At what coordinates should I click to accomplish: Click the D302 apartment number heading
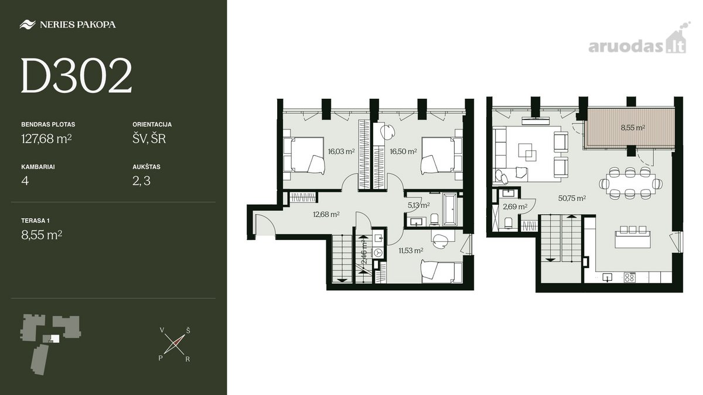pos(76,75)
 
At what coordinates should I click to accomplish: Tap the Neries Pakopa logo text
pos(78,25)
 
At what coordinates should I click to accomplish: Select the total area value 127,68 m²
pos(46,139)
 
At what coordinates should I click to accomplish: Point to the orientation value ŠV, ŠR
pos(149,139)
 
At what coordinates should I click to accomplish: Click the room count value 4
pos(25,181)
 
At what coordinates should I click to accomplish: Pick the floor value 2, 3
pos(142,181)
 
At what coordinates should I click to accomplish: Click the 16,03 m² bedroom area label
pos(341,152)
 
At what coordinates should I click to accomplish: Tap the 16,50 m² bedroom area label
pos(403,152)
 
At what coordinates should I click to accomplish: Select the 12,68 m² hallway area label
pos(326,214)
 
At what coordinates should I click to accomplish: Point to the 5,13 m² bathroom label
pos(419,205)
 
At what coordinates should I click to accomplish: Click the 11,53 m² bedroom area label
pos(411,250)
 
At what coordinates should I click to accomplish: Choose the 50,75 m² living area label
pos(572,198)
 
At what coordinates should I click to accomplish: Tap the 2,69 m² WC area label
pos(515,207)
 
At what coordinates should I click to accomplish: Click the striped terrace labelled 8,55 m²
pos(631,128)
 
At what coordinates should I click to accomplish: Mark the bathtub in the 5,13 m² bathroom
pos(451,209)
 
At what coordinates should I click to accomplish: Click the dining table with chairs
pos(631,183)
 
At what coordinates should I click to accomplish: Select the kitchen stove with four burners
pos(630,278)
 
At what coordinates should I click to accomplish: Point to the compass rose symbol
pos(174,344)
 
